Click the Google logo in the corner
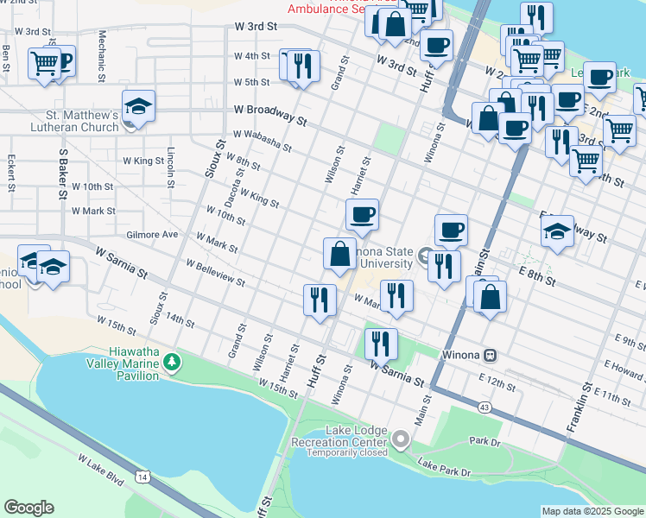28,508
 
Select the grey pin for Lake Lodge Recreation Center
400,440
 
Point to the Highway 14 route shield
142,476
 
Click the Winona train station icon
490,355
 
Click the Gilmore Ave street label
151,234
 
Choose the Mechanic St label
102,51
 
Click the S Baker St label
63,173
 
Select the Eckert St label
11,174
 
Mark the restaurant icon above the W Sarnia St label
380,344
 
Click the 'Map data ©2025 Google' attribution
592,511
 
